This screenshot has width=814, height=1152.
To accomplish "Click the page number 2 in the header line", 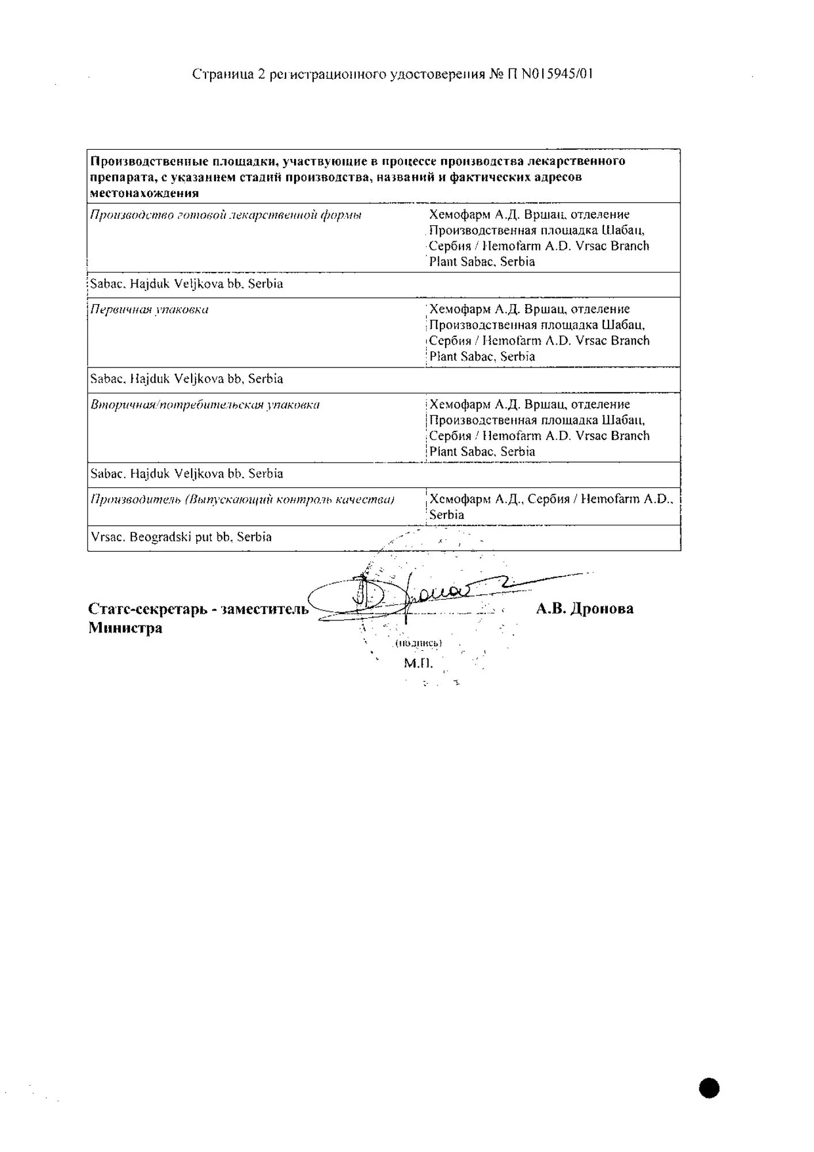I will click(x=261, y=74).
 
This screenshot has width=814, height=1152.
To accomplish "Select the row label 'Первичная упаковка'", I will click(x=150, y=309).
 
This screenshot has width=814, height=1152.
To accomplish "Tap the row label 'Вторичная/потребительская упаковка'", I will click(x=205, y=404).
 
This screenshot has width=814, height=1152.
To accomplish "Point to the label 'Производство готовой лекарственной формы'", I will click(x=226, y=215).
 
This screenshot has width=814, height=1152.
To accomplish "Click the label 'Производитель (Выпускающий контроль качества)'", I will click(x=242, y=499).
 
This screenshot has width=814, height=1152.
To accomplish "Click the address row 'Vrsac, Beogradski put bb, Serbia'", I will click(x=181, y=537).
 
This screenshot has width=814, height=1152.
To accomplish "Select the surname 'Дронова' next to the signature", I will click(x=602, y=609).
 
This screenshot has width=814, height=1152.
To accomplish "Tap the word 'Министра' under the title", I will click(x=125, y=628).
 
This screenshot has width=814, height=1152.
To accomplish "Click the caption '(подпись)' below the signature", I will click(x=419, y=643).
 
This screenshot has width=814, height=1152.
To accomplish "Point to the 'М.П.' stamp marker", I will click(x=418, y=663).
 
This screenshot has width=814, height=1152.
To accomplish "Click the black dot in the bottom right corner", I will click(x=709, y=1089).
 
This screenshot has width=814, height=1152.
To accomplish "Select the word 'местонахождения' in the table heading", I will click(x=144, y=193).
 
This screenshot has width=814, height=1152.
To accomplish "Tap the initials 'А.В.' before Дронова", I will click(x=550, y=609).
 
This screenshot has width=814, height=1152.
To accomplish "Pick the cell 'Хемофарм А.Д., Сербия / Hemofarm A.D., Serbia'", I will click(x=551, y=507).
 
